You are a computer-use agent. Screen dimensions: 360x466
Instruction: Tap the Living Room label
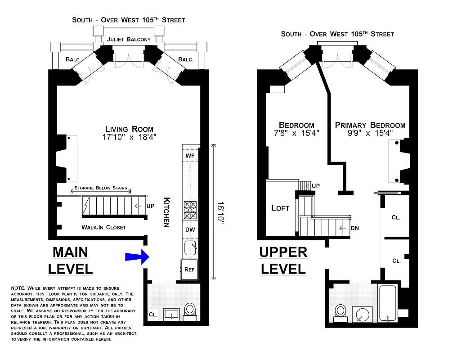pos(129,129)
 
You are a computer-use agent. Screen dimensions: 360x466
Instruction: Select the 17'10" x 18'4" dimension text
pos(129,138)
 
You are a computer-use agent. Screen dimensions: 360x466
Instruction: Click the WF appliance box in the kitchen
pos(190,155)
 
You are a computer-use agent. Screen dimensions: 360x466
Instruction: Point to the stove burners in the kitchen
pos(190,210)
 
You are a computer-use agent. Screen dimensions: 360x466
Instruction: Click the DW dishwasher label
pos(190,229)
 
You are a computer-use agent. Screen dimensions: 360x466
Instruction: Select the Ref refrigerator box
pos(189,270)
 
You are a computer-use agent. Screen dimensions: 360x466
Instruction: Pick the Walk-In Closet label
pos(103,227)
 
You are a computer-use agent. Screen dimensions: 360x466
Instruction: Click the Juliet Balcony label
pos(129,39)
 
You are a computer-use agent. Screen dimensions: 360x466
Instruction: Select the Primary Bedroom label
pos(370,125)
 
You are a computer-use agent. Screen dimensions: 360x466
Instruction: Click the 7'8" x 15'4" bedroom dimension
pos(296,134)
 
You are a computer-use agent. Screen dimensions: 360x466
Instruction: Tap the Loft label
pos(280,208)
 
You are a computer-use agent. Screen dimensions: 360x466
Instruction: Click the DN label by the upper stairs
pos(354,228)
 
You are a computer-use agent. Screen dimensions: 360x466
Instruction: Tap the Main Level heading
pos(71,260)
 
